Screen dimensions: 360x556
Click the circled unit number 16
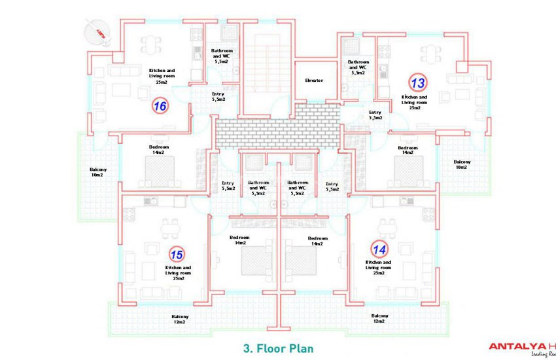click(x=160, y=105)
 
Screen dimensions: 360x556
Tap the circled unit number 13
click(x=417, y=83)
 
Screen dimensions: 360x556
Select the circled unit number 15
click(x=176, y=254)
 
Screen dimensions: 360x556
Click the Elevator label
click(x=314, y=81)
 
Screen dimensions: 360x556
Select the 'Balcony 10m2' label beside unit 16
click(x=99, y=172)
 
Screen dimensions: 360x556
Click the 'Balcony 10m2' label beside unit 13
click(x=461, y=164)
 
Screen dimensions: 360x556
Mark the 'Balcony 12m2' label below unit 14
click(x=379, y=319)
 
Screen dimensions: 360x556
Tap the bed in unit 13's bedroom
click(x=408, y=172)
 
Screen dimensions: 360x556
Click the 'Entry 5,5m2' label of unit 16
click(x=218, y=97)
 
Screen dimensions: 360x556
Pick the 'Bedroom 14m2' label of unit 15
click(x=239, y=240)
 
